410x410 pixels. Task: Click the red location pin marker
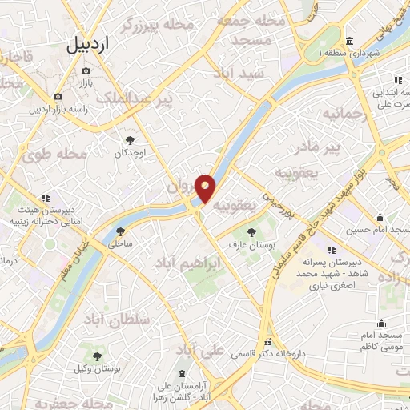[206, 188]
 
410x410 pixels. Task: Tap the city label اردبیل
[86, 45]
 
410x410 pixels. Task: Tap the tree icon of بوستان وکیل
[98, 357]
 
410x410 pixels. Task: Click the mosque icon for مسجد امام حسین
[380, 218]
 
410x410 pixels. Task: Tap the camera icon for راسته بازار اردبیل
[58, 97]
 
